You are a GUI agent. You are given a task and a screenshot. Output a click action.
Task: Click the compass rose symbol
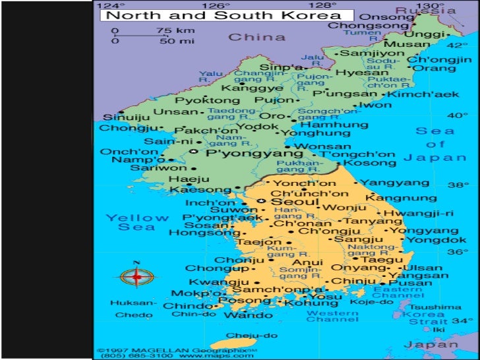click(x=137, y=277)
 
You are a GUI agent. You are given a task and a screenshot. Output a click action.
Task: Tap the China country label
click(x=257, y=38)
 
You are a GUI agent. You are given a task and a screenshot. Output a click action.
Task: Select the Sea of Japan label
click(x=436, y=144)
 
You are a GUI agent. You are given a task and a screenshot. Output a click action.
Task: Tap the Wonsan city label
click(x=322, y=146)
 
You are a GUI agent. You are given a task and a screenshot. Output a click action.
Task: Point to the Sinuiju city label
click(x=122, y=119)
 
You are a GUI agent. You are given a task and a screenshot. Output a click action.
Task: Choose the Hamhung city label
click(x=324, y=123)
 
